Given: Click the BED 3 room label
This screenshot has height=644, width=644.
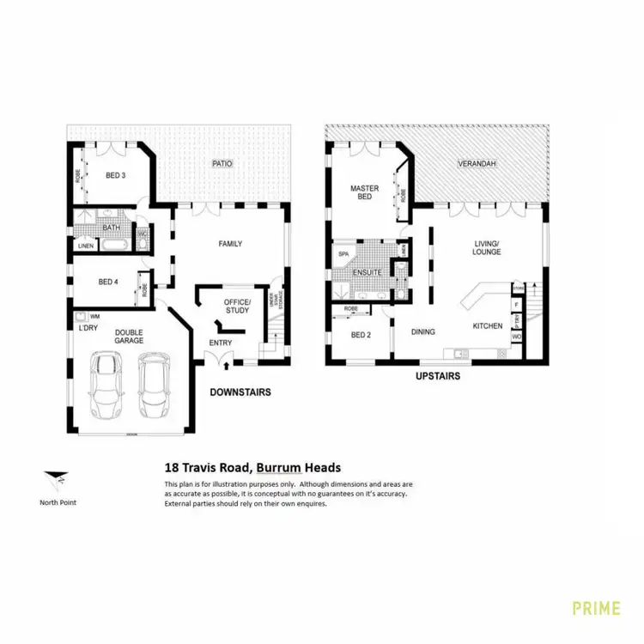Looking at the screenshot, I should coord(115,175).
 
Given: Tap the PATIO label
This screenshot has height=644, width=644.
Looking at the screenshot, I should coord(222,163).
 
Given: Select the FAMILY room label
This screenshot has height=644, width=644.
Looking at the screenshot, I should coord(229,244).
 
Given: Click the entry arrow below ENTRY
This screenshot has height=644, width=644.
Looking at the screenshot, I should coord(226,365).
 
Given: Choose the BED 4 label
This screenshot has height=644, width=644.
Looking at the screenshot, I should coord(107,281).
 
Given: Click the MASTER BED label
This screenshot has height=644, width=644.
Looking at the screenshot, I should coord(364,192).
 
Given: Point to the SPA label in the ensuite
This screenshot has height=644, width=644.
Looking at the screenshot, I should coord(343,255).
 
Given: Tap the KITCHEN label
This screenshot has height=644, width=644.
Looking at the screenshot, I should coord(487,327).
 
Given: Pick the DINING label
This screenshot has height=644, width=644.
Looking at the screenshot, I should coord(423,331).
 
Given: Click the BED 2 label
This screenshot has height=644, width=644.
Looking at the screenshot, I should coord(361,335).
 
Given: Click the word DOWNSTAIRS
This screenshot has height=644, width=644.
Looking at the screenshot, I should coord(240,392).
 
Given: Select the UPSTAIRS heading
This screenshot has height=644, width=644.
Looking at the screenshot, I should coord(437,376).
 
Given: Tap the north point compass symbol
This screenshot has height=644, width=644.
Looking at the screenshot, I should coord(57,481).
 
